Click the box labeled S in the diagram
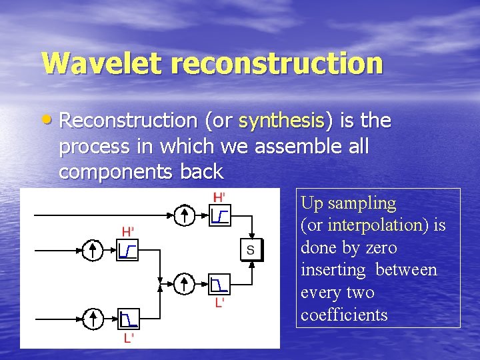tap(251, 250)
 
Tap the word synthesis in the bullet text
tap(281, 121)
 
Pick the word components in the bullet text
tap(117, 172)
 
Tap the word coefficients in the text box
tap(344, 315)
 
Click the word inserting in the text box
tap(333, 270)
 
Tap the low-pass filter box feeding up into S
tap(219, 285)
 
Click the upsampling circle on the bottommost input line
tap(93, 318)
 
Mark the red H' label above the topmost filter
tap(219, 197)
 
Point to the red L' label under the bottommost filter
tap(127, 338)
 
